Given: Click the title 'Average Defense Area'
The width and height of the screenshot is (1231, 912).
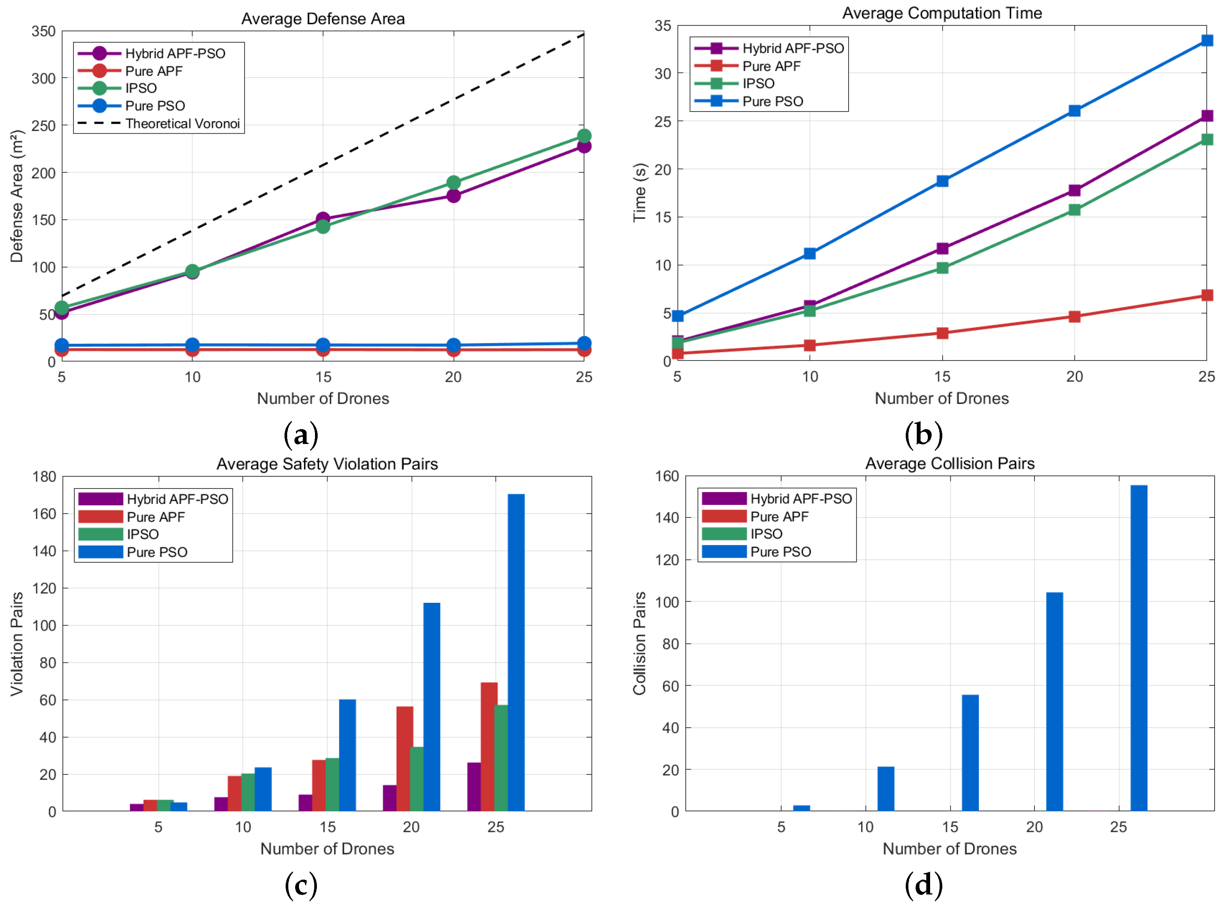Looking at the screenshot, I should coord(323,19).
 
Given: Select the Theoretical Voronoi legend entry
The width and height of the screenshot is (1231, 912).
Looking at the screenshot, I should coord(182,124).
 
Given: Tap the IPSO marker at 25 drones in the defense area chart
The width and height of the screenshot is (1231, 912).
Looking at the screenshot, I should coord(584,136).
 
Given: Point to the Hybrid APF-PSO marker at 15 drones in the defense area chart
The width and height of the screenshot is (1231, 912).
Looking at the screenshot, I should coord(323,219).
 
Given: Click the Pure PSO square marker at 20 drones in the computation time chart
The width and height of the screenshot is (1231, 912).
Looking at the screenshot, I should coord(1074,111).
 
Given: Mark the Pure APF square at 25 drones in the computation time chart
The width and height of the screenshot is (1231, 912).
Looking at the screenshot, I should coord(1207,295).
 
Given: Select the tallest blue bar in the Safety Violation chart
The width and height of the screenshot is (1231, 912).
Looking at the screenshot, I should coord(516,652).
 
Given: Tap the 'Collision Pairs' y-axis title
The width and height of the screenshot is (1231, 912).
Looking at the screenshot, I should coord(639,643).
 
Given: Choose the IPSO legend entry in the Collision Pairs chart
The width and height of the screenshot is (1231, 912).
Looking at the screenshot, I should coord(766,534).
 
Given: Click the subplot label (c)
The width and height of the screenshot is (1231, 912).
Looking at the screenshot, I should coord(301,885).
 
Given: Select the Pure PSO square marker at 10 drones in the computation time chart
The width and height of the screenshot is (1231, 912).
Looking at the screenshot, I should coord(810,253).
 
